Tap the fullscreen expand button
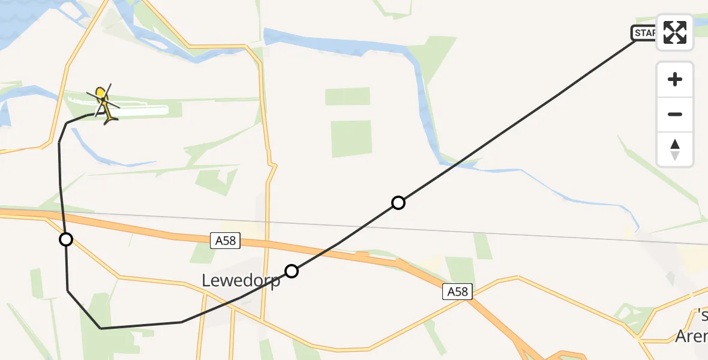pos(675,32)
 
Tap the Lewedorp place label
pos(241,280)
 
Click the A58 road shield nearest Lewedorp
pos(226,241)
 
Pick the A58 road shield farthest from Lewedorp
pos(457,292)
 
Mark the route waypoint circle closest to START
pos(398,203)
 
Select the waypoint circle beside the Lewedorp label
pos(292,271)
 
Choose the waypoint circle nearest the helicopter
pos(66,239)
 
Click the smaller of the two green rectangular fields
pos(348,97)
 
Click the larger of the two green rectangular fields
pos(351,139)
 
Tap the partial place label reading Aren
pos(691,337)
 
